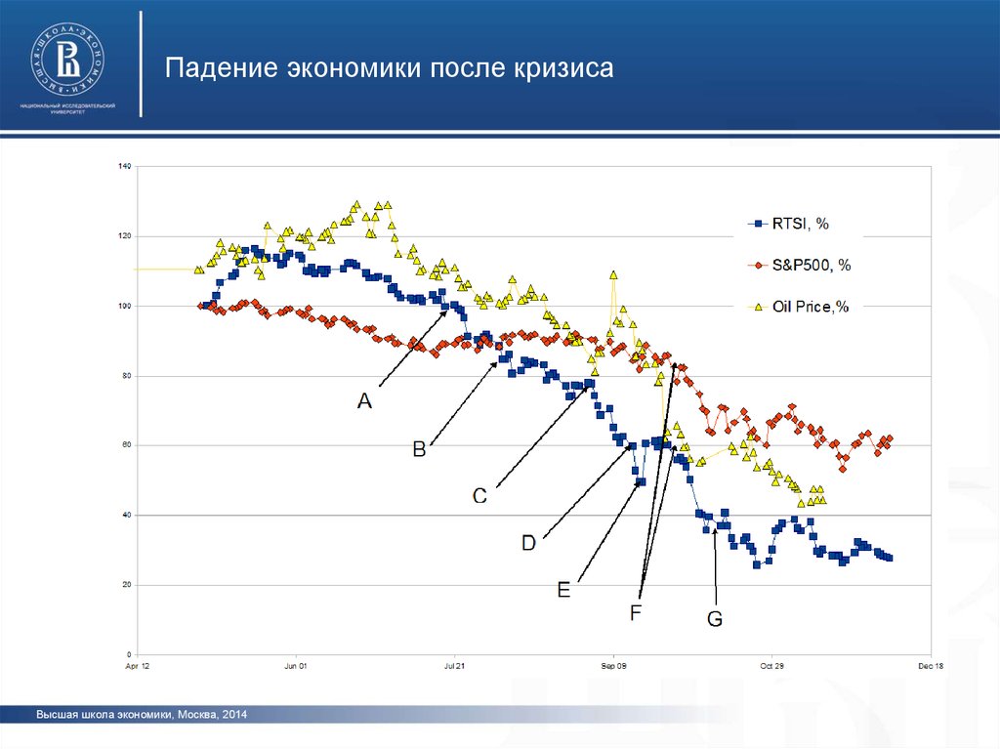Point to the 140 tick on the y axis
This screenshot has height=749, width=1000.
pos(124,166)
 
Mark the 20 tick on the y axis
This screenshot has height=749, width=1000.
pos(126,585)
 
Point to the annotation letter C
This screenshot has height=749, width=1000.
pos(480,495)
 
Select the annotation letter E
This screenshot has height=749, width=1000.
pos(563,589)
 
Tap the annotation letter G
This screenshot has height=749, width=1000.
pos(715,618)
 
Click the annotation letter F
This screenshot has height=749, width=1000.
pos(635,612)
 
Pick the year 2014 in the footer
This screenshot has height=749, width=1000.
pos(235,716)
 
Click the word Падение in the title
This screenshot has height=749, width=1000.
pos(221,69)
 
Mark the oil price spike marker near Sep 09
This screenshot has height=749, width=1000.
pos(613,275)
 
